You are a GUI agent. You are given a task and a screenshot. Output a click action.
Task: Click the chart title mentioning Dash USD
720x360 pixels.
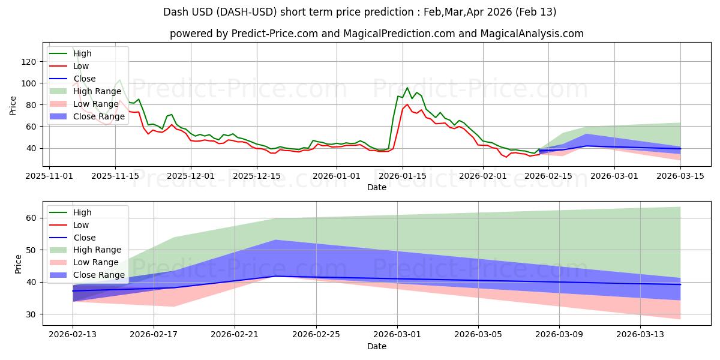(x=359, y=12)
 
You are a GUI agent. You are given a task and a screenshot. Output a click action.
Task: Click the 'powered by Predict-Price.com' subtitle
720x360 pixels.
(x=376, y=34)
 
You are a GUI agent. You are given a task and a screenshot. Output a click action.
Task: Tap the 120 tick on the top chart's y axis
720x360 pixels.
(x=29, y=62)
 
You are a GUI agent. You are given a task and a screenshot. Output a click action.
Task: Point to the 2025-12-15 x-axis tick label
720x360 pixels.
(x=257, y=176)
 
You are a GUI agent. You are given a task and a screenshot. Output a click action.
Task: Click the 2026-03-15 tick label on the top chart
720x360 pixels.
(x=680, y=176)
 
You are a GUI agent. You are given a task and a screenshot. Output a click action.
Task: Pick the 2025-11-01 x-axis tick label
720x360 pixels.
(x=49, y=176)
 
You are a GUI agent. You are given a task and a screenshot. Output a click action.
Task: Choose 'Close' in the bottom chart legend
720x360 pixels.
(x=85, y=238)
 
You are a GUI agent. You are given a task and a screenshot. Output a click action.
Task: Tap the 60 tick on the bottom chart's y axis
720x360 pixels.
(x=32, y=218)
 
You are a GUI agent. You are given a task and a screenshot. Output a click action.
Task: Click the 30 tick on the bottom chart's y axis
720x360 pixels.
(x=32, y=314)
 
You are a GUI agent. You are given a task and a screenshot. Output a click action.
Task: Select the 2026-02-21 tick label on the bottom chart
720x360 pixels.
(x=235, y=335)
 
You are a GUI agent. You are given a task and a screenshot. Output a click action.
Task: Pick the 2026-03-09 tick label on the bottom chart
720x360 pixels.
(x=559, y=335)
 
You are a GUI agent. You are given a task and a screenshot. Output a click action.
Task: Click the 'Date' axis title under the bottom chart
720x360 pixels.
(x=376, y=346)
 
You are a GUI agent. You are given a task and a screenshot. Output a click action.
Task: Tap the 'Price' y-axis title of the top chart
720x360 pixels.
(x=13, y=105)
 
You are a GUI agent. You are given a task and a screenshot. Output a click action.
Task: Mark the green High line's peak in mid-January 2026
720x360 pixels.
(x=407, y=88)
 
